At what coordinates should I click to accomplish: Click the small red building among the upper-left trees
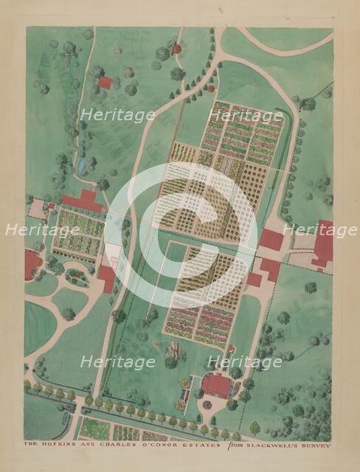pos(105,83)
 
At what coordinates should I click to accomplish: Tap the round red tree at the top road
pos(177,49)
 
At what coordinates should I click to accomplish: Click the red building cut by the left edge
pos(32,263)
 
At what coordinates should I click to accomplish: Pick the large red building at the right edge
pos(323,243)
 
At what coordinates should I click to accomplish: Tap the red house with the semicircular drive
pos(216,384)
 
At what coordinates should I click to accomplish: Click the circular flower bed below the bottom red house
pos(207,405)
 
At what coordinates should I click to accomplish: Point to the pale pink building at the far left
pos(37,209)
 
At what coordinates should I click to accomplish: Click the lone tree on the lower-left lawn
pos(69,314)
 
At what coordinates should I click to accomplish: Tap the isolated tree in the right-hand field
pos(311,288)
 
